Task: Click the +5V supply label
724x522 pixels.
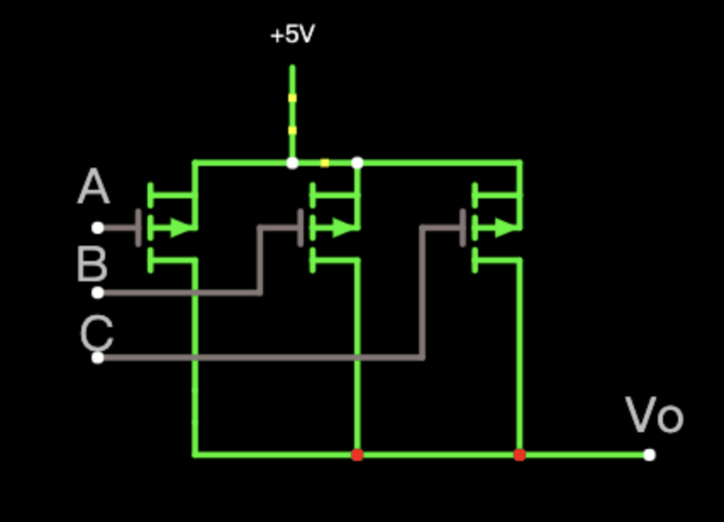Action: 292,34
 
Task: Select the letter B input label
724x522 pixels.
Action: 92,264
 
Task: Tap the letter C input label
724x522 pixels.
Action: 97,332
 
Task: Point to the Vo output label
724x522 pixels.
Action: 654,415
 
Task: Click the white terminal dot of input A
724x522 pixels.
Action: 97,228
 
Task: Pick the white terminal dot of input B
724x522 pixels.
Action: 97,292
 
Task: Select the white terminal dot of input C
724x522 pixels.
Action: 97,358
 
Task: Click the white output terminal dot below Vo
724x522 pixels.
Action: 649,455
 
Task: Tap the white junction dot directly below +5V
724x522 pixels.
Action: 292,163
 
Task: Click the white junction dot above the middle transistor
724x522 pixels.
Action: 358,163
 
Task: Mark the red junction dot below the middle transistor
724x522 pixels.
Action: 358,455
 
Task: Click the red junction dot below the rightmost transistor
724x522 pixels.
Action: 520,455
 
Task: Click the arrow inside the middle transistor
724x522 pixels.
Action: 343,228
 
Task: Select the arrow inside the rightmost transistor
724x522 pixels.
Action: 505,228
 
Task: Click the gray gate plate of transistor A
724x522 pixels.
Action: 138,228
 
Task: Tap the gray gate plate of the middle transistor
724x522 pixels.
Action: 301,228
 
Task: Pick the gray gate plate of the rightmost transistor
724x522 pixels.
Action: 463,228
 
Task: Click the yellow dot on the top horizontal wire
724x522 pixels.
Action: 325,163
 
